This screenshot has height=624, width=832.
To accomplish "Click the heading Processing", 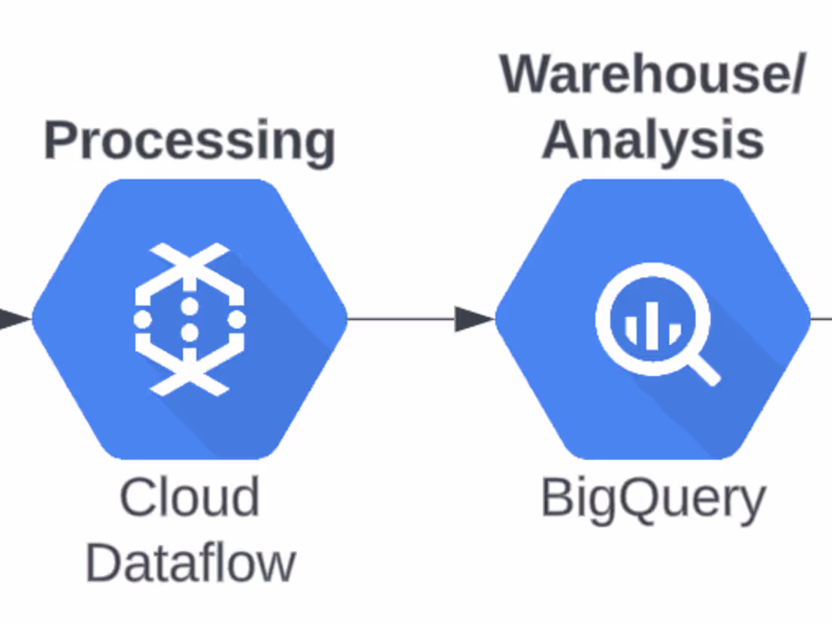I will coord(189,141).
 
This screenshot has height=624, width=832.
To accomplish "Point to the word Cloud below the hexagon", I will coord(189,497).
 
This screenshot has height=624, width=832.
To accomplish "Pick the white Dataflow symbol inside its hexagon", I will coord(189,318).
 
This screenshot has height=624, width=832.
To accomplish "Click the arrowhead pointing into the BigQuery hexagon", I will coord(473,318).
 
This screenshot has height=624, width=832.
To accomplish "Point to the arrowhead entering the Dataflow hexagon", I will coord(14,318).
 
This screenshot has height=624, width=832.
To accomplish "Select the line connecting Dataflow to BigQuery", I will coord(401,318).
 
